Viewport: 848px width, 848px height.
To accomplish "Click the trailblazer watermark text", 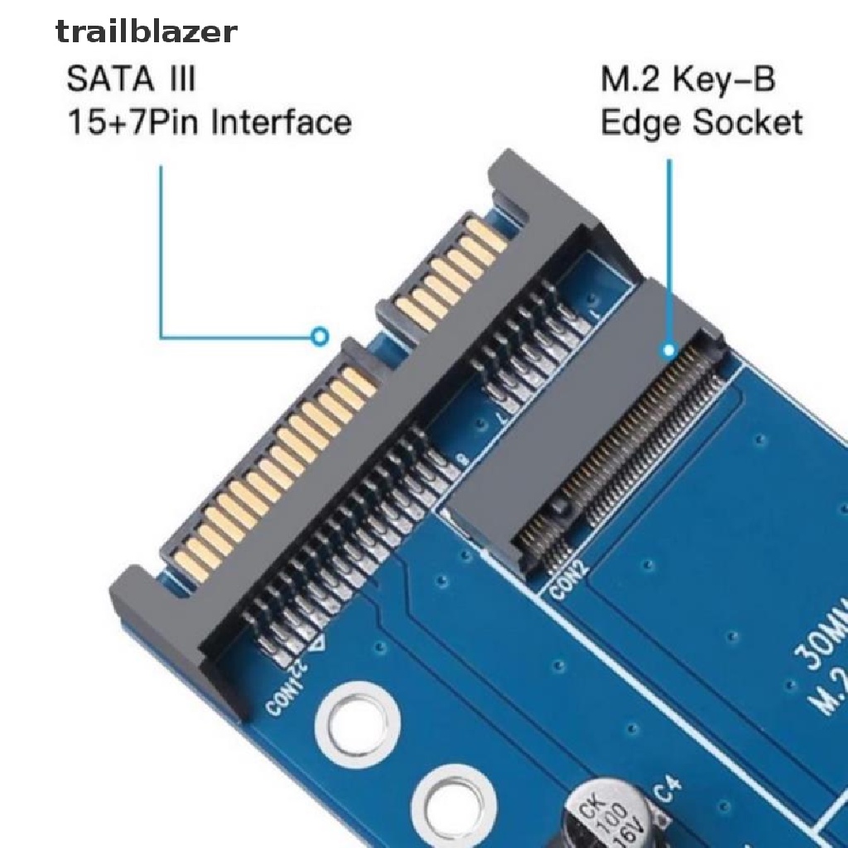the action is tap(147, 32).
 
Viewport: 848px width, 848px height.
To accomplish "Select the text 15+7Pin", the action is tap(132, 123).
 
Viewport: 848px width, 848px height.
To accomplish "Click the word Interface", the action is tap(281, 123).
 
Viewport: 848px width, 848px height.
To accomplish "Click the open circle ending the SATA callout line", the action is tap(320, 336).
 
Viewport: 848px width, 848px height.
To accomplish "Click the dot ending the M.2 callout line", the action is tap(668, 350).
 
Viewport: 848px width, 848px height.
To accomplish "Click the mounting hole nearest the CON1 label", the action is tap(359, 718).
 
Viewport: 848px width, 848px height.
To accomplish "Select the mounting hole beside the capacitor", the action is tap(452, 800).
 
